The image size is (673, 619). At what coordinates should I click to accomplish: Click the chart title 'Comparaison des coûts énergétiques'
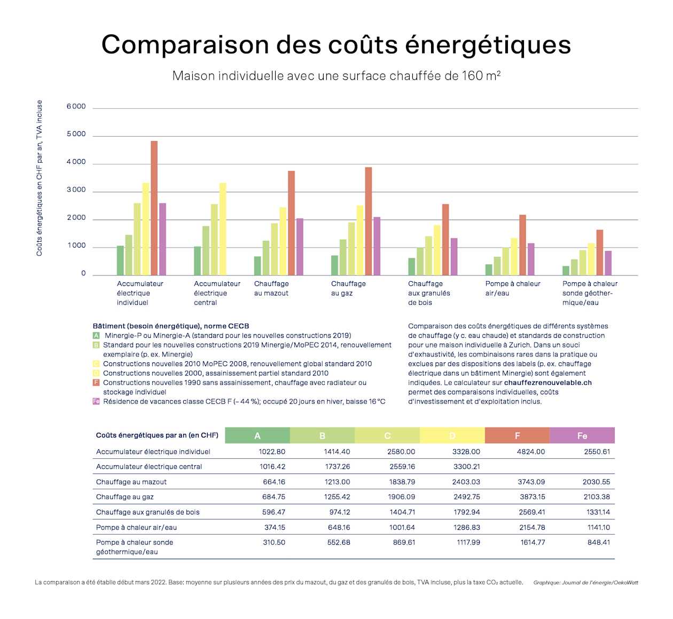pos(336,45)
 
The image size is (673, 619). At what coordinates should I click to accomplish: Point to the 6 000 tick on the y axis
pos(76,107)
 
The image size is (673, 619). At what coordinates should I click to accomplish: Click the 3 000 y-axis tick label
pos(76,190)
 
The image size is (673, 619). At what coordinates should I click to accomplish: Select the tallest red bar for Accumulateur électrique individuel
pos(154,208)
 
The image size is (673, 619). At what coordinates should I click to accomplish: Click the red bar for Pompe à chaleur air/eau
pos(522,245)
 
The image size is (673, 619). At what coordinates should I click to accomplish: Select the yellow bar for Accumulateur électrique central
pos(223,229)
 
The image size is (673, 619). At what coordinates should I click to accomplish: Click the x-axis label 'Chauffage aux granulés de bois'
pos(429,293)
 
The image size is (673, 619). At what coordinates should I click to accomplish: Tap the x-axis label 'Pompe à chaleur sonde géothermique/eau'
pos(590,293)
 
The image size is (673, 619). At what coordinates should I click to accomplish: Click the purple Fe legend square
pos(96,401)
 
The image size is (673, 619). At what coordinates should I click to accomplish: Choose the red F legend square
pos(96,383)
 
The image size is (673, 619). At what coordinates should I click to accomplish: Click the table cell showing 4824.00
pos(531,451)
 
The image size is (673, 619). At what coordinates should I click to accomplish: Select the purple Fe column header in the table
pos(582,435)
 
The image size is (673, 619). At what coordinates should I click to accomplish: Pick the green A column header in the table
pos(257,435)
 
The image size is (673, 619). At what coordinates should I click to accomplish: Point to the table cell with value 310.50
pos(274,542)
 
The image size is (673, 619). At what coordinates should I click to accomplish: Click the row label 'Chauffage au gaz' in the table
pos(125,497)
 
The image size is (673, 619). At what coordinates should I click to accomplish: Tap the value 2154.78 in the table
pos(531,527)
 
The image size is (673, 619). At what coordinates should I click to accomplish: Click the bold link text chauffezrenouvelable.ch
pos(547,383)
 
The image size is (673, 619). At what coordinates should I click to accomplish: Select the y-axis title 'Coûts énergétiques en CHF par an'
pos(40,178)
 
